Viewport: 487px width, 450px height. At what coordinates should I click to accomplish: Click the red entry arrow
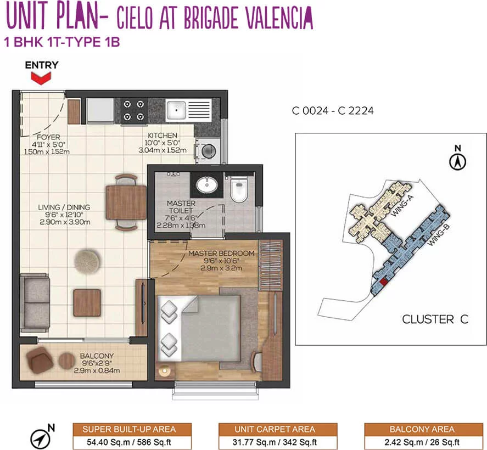click(x=41, y=78)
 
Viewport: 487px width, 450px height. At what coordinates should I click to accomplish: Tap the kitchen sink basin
click(x=176, y=110)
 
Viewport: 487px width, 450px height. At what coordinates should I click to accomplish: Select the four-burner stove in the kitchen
click(x=134, y=111)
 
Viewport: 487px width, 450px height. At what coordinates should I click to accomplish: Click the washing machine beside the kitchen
click(x=208, y=151)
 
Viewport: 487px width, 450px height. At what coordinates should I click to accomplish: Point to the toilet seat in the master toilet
click(x=238, y=190)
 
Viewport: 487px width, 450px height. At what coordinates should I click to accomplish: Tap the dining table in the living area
click(x=126, y=203)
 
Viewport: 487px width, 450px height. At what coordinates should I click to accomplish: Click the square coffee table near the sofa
click(x=87, y=302)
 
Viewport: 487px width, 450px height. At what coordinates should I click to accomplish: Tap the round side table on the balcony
click(x=66, y=361)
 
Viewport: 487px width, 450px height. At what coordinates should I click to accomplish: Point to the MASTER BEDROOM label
click(x=221, y=254)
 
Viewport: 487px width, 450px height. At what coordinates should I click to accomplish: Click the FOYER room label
click(x=48, y=137)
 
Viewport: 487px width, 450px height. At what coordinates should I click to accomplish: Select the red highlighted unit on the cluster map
click(x=384, y=282)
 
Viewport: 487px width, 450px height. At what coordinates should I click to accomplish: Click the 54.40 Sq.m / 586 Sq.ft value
click(x=129, y=442)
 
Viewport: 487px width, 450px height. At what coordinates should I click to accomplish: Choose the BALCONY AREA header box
click(x=422, y=429)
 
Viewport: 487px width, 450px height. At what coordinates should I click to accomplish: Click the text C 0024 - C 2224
click(x=333, y=111)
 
